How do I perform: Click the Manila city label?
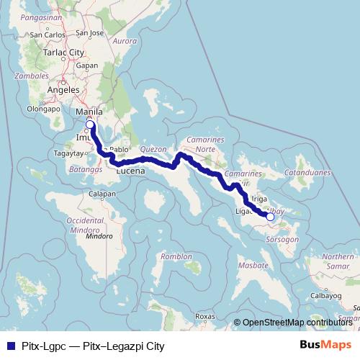tap(89, 112)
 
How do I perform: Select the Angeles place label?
tap(62, 90)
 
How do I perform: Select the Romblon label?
tap(177, 256)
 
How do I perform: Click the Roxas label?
tap(205, 316)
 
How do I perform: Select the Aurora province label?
tap(125, 41)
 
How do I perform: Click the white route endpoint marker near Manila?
tap(90, 125)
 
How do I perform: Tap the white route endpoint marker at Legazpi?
tap(270, 216)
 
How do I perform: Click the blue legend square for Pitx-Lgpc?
tap(8, 345)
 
